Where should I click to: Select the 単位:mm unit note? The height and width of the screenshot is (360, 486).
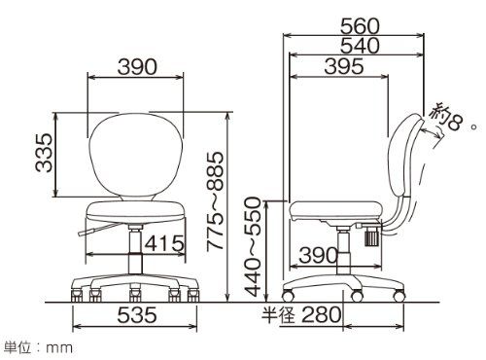click(38, 345)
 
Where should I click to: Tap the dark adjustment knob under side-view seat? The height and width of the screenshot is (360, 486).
click(371, 234)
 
